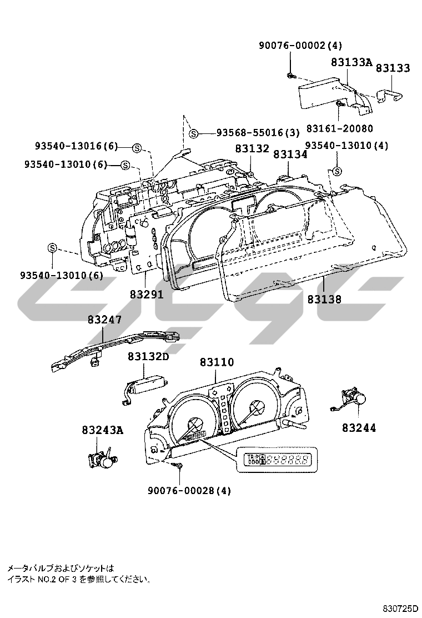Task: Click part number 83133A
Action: [351, 63]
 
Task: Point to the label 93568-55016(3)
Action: [257, 133]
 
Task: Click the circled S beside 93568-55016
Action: [193, 133]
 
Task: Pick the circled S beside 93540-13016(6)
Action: [137, 147]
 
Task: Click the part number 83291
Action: [147, 295]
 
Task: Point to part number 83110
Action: [217, 362]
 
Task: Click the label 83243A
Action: [102, 430]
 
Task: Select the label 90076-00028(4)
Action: [189, 491]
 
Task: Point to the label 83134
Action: [290, 154]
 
